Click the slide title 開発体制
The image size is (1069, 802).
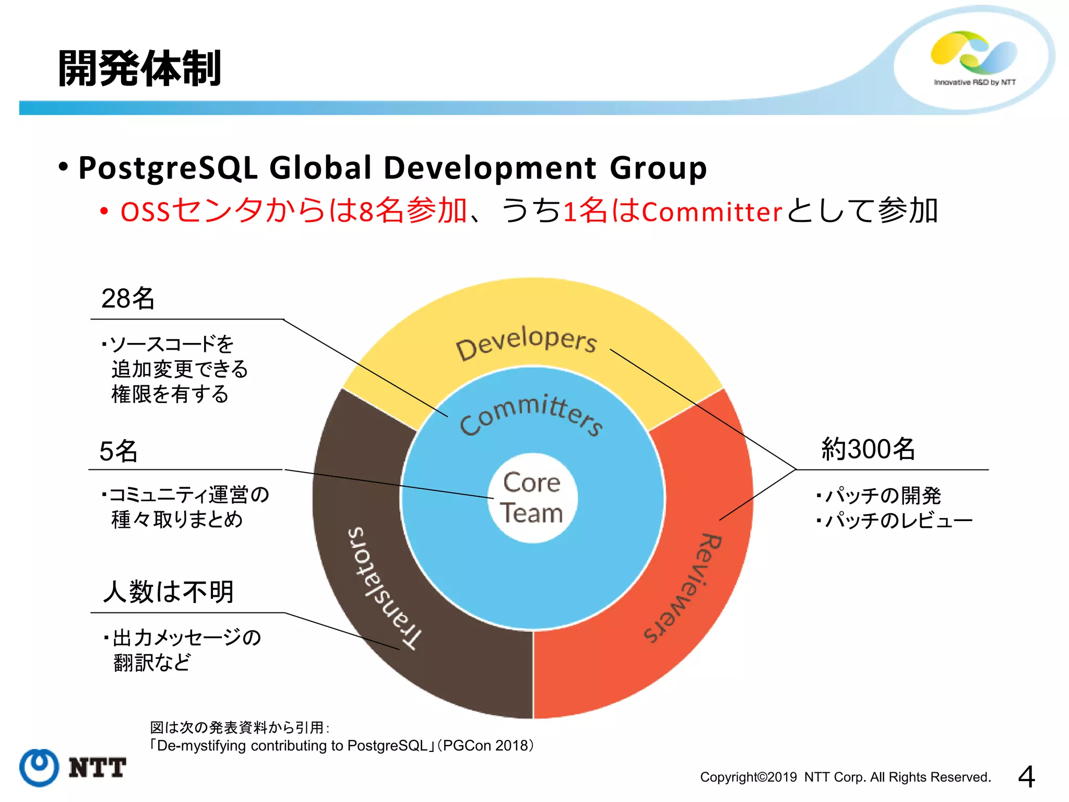tap(139, 68)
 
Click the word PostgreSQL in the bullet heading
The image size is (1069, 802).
tap(168, 168)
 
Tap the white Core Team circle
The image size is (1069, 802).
tap(532, 498)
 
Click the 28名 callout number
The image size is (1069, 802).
tap(128, 299)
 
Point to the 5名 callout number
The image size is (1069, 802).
tap(118, 451)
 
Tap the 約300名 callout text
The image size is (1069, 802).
tap(868, 449)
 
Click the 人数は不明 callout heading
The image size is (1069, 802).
tap(168, 592)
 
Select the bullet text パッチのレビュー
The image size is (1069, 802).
tap(899, 521)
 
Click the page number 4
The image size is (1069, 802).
tap(1026, 776)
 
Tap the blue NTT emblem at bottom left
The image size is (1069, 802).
tap(39, 768)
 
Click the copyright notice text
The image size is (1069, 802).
tap(845, 777)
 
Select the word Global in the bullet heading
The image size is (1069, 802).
tap(320, 168)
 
